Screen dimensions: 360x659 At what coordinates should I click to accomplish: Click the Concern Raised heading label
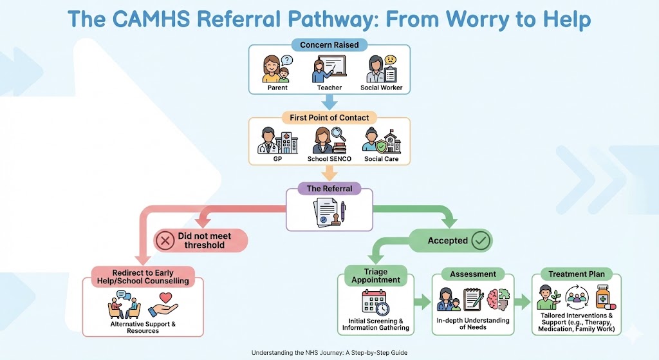point(329,45)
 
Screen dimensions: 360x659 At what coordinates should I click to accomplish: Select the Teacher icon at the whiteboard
point(329,69)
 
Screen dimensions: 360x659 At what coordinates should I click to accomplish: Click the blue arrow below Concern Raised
point(329,101)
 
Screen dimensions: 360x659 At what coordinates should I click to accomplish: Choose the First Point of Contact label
point(329,118)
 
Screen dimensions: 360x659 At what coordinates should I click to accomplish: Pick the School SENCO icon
point(329,141)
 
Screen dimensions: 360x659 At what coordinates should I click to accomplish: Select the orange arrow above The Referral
point(329,172)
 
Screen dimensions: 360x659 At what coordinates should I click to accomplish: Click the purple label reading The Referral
point(329,189)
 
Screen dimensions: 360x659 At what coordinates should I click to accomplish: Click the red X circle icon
point(166,241)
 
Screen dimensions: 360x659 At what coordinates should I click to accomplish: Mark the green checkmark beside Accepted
point(480,241)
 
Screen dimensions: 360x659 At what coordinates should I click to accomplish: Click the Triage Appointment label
point(376,276)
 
